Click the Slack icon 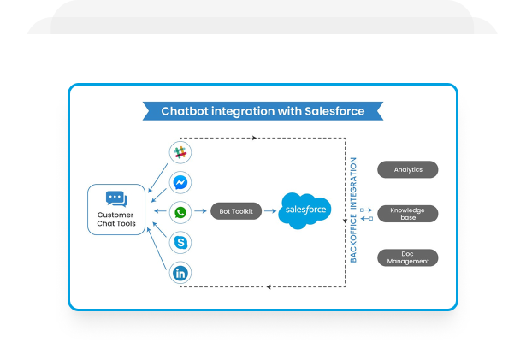coord(180,154)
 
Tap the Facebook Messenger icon coord(180,183)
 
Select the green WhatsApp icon coord(180,211)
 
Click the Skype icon coord(180,243)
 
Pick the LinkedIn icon coord(180,274)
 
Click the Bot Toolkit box coord(236,211)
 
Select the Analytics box coord(408,169)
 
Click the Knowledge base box coord(408,213)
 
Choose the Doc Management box coord(408,257)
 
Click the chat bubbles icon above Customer coord(116,198)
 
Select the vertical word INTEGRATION coord(353,182)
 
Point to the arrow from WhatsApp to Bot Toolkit coord(201,211)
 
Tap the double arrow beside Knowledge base coord(366,213)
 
